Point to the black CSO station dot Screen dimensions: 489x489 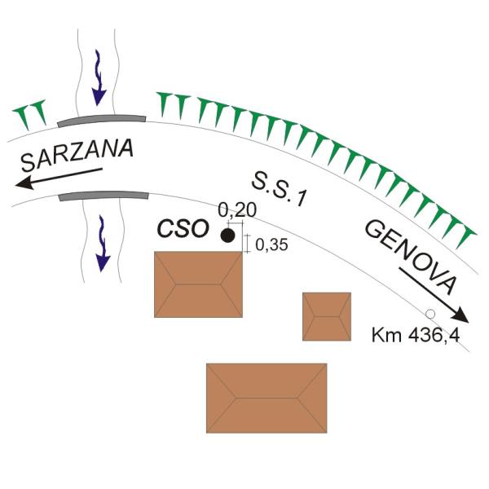tap(228, 236)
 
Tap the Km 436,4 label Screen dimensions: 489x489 tap(411, 335)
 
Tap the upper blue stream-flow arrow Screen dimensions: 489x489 tap(99, 78)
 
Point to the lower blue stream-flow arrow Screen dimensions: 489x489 tap(102, 244)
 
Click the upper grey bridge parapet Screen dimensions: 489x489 tap(102, 120)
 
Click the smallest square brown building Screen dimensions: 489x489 tap(327, 316)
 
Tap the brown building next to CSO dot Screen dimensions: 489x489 tap(198, 284)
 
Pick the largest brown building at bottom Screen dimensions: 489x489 tap(267, 397)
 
